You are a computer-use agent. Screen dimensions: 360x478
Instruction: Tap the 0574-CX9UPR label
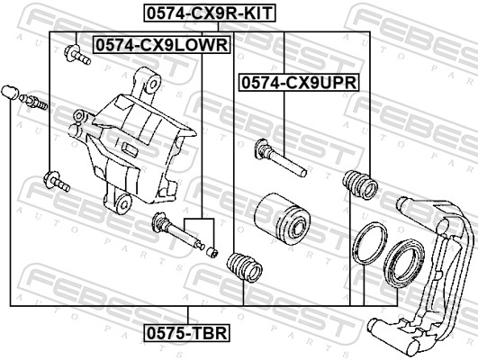click(298, 82)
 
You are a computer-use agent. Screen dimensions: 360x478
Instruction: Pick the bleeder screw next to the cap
click(35, 101)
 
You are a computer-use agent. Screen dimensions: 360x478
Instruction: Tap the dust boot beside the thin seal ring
click(359, 185)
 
